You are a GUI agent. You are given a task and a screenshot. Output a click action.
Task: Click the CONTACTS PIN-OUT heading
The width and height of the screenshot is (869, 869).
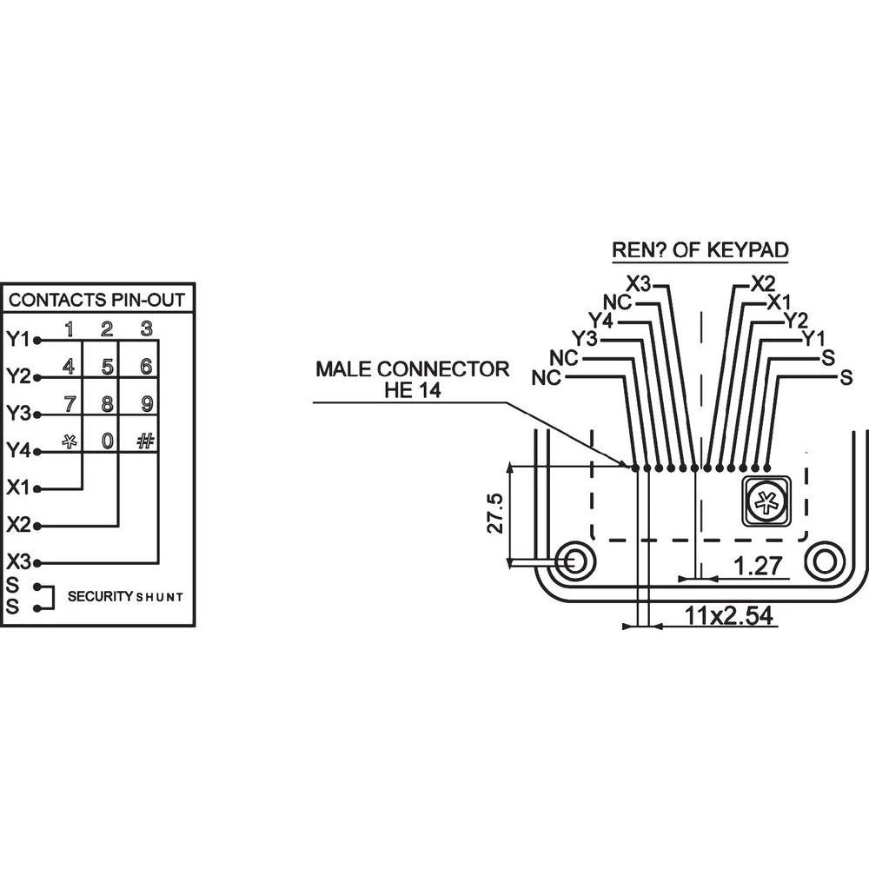pyautogui.click(x=96, y=300)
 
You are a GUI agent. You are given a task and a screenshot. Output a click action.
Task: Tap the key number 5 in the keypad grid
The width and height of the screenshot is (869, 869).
pyautogui.click(x=108, y=367)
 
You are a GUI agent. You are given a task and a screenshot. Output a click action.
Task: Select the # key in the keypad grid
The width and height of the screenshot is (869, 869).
pyautogui.click(x=145, y=441)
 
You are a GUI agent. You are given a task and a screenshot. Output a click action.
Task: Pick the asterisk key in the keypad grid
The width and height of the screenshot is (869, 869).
pyautogui.click(x=70, y=441)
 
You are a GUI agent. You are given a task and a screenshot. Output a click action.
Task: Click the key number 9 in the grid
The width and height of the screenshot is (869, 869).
pyautogui.click(x=146, y=403)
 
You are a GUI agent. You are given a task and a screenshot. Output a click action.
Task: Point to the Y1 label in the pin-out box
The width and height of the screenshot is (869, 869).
pyautogui.click(x=17, y=339)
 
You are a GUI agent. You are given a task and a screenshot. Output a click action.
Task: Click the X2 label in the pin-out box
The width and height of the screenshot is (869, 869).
pyautogui.click(x=19, y=524)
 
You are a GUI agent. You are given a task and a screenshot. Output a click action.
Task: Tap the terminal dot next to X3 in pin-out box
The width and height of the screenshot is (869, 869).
pyautogui.click(x=37, y=564)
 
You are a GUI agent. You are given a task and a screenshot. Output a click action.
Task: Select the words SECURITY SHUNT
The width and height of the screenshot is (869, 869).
pyautogui.click(x=125, y=596)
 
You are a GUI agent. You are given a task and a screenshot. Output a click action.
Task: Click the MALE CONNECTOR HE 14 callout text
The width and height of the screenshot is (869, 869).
pyautogui.click(x=412, y=379)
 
